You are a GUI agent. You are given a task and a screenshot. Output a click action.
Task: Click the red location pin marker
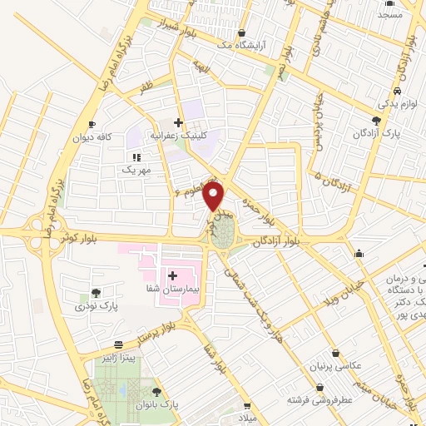215,197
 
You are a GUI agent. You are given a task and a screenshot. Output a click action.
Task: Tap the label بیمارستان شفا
172,289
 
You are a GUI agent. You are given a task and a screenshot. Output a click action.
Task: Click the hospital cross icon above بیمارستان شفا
173,275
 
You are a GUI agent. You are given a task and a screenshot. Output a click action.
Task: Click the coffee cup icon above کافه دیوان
102,122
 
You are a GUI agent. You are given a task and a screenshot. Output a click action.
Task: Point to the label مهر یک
135,170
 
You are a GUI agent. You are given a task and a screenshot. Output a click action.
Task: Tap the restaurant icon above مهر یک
135,156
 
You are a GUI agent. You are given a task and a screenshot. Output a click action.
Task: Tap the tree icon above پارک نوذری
97,293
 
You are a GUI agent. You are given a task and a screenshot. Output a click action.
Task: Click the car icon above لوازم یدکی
399,92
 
